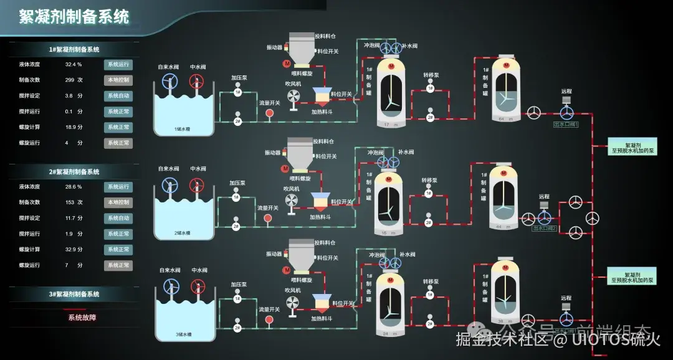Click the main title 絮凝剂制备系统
click(x=74, y=17)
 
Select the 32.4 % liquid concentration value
click(x=74, y=64)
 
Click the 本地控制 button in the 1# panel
click(x=118, y=80)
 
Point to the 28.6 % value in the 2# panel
click(x=74, y=187)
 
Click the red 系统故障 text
click(x=82, y=317)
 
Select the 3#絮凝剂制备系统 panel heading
click(x=74, y=294)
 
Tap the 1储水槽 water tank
click(x=183, y=115)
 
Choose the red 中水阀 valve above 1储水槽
click(x=197, y=82)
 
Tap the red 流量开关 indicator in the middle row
click(x=269, y=217)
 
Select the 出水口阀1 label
click(x=566, y=125)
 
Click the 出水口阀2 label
click(x=544, y=229)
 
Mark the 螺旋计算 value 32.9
click(x=74, y=249)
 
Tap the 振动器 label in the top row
click(x=274, y=47)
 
